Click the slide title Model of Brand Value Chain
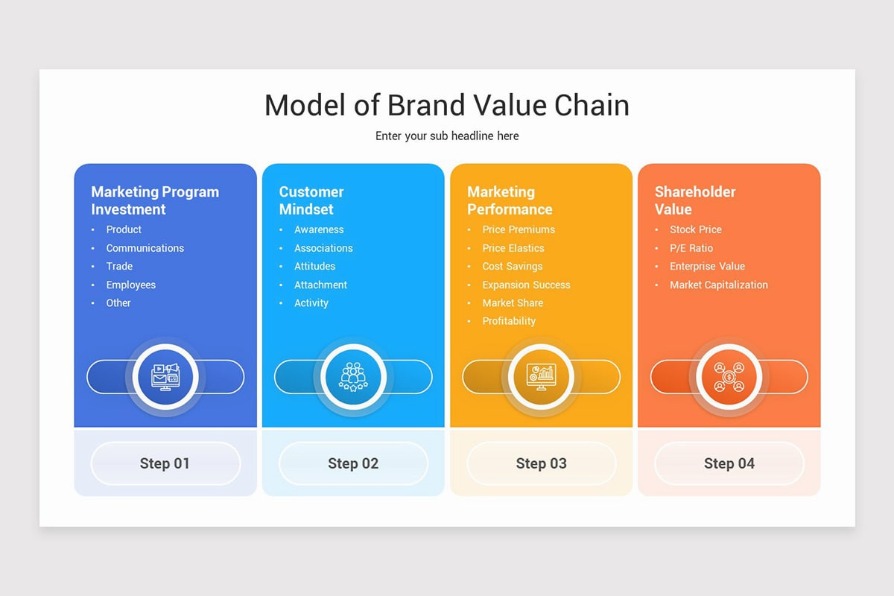coord(447,105)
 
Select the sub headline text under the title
coord(447,136)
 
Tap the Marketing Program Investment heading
coord(155,200)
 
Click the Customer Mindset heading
coord(311,200)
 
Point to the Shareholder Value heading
coord(695,200)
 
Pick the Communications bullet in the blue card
coord(145,248)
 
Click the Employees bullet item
coord(131,285)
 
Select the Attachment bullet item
coord(320,285)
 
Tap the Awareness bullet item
coord(319,229)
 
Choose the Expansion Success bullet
coord(526,285)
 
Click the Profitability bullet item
coord(509,321)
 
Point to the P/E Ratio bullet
coord(691,248)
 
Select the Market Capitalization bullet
coord(719,285)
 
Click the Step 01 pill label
coord(165,463)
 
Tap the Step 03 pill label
coord(541,463)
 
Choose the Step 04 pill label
coord(729,463)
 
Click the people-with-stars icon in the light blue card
coord(353,377)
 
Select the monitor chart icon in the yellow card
coord(541,377)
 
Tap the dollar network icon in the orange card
coord(729,377)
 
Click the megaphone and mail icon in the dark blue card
coord(165,377)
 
